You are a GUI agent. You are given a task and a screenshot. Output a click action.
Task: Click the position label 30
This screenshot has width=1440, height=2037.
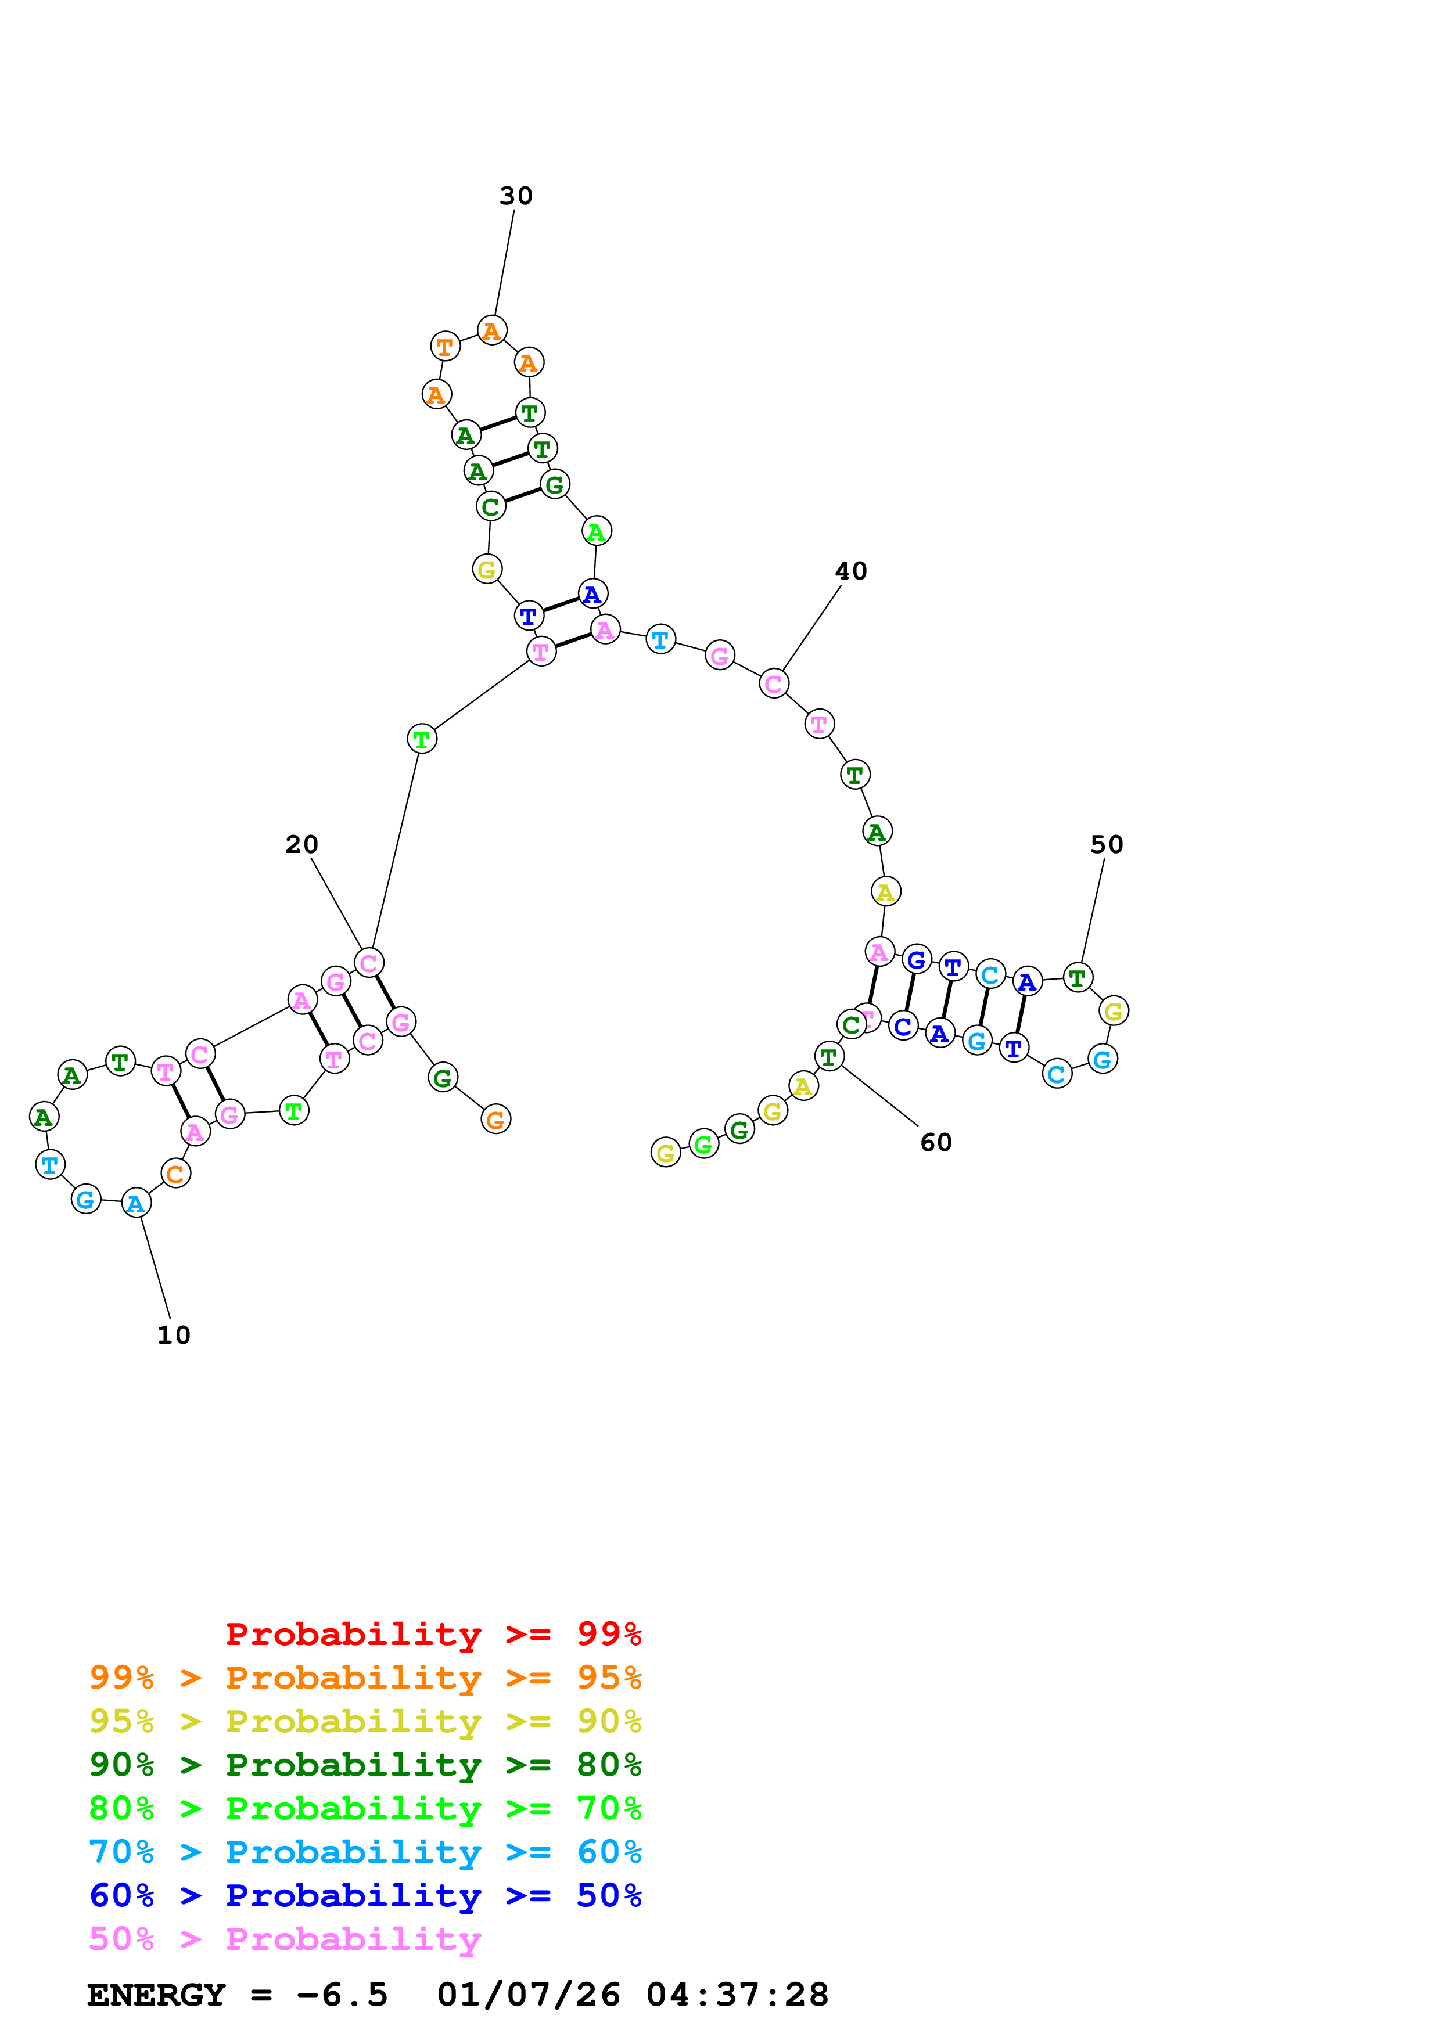coord(515,196)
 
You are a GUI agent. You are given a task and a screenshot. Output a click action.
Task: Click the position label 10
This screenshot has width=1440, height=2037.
coord(173,1335)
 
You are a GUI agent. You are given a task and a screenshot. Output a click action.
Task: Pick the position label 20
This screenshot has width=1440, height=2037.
coord(301,845)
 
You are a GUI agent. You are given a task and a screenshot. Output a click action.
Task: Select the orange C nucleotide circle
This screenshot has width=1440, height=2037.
coord(175,1174)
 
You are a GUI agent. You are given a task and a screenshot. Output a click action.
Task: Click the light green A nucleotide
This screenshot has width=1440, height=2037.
coord(596,531)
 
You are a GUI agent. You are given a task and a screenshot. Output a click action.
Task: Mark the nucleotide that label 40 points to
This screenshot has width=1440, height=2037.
coord(774,684)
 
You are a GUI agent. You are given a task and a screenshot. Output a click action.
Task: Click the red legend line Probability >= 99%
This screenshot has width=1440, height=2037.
coord(433,1633)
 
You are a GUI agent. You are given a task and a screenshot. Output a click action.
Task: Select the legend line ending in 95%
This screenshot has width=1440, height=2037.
coord(365,1677)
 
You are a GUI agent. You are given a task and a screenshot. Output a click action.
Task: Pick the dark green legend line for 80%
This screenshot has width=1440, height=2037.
coord(365,1765)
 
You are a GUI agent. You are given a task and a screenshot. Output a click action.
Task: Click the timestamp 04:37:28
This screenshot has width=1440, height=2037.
coord(737,1995)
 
